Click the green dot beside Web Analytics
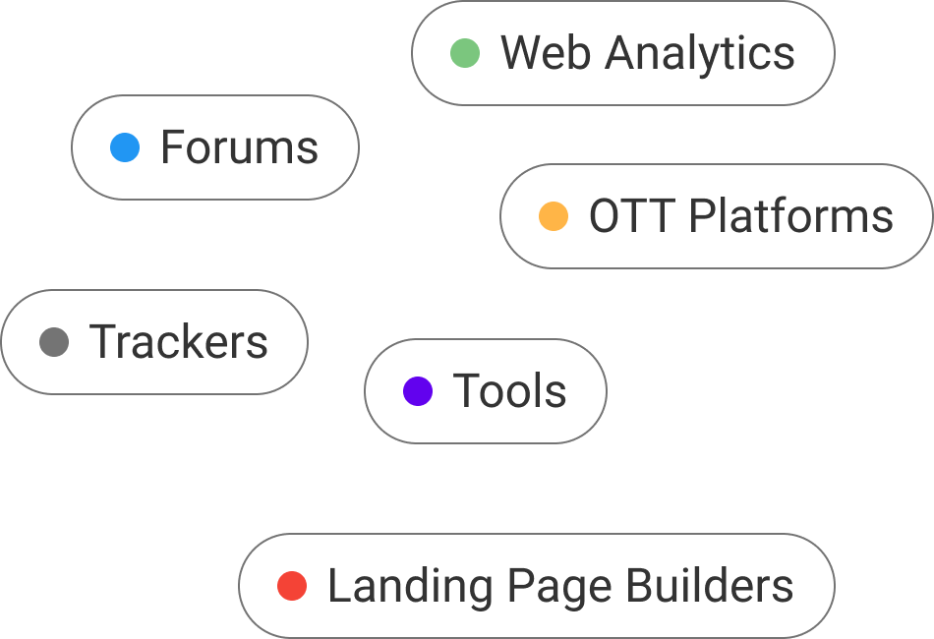[x=465, y=53]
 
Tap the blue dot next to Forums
[x=125, y=147]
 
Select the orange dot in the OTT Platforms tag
[x=554, y=216]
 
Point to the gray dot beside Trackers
[x=54, y=342]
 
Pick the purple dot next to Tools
[x=418, y=391]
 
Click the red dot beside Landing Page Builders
[x=292, y=586]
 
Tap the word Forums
[x=239, y=147]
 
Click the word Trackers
[x=179, y=342]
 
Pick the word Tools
[x=509, y=391]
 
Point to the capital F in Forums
[x=171, y=147]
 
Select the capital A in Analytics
[x=621, y=53]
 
